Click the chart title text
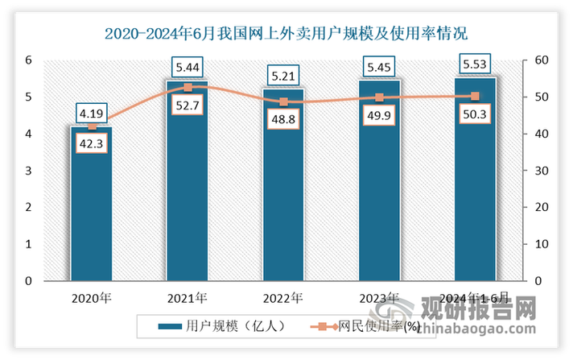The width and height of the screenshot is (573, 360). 286,34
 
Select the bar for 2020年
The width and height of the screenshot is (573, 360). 91,209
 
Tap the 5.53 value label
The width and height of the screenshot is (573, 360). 475,64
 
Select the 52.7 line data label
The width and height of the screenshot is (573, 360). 188,103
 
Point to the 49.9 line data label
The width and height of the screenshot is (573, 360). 379,114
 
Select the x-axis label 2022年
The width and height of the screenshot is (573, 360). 283,299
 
